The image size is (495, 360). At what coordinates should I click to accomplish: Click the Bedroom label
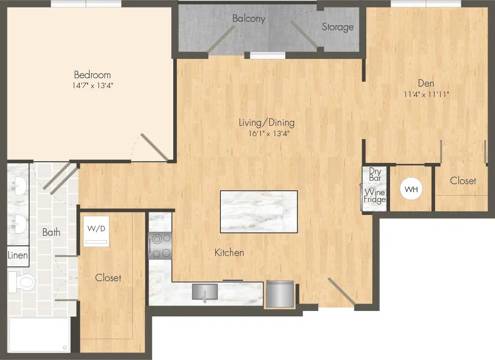(92, 75)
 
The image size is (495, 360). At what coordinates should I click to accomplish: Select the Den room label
(426, 83)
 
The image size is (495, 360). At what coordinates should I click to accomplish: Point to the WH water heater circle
(411, 189)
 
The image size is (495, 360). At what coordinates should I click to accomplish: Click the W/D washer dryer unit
(97, 231)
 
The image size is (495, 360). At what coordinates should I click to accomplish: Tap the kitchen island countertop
(258, 211)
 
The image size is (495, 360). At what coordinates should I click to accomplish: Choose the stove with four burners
(160, 246)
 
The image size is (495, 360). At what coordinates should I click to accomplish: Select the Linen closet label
(17, 257)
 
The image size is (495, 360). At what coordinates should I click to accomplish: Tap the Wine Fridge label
(375, 196)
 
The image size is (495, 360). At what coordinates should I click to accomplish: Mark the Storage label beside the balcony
(338, 27)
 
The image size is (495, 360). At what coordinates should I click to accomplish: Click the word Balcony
(248, 19)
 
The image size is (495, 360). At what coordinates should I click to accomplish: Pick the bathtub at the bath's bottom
(39, 335)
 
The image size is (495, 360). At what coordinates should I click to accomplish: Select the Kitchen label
(229, 253)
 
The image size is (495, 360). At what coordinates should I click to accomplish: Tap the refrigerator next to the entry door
(280, 295)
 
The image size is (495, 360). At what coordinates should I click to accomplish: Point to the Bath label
(51, 232)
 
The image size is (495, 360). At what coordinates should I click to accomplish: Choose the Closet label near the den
(463, 181)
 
